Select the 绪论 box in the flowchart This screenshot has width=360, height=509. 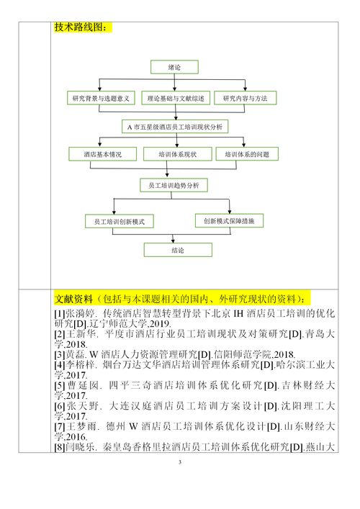[x=174, y=67]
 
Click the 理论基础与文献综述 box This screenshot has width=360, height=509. [x=176, y=98]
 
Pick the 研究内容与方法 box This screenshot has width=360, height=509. [x=245, y=98]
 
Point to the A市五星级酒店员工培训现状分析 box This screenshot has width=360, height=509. [x=174, y=127]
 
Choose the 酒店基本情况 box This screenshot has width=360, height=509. [x=102, y=154]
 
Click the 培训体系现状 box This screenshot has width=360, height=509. [x=176, y=154]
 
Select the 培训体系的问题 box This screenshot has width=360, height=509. [x=247, y=154]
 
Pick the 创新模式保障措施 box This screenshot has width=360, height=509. [x=229, y=220]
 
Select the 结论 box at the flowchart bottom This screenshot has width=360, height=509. [x=177, y=251]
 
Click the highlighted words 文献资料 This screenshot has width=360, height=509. [x=73, y=297]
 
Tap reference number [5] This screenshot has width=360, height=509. [x=60, y=385]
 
